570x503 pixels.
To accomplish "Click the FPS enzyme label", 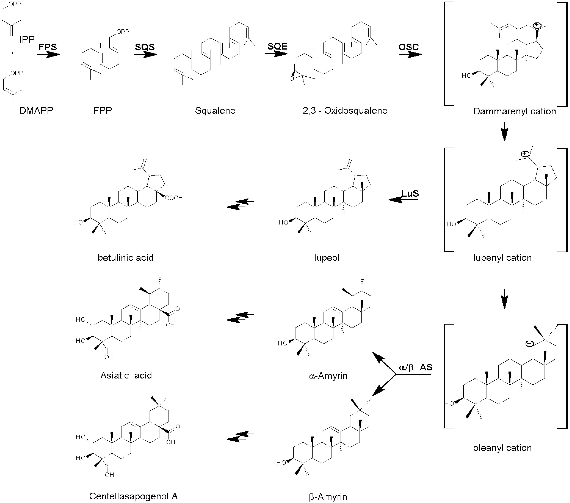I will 48,47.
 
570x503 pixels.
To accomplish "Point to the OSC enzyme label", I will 409,47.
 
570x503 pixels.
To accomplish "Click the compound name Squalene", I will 215,111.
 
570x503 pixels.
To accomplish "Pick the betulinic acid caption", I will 125,257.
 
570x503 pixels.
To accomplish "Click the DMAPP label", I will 36,111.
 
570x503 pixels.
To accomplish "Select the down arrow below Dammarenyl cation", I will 504,131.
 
